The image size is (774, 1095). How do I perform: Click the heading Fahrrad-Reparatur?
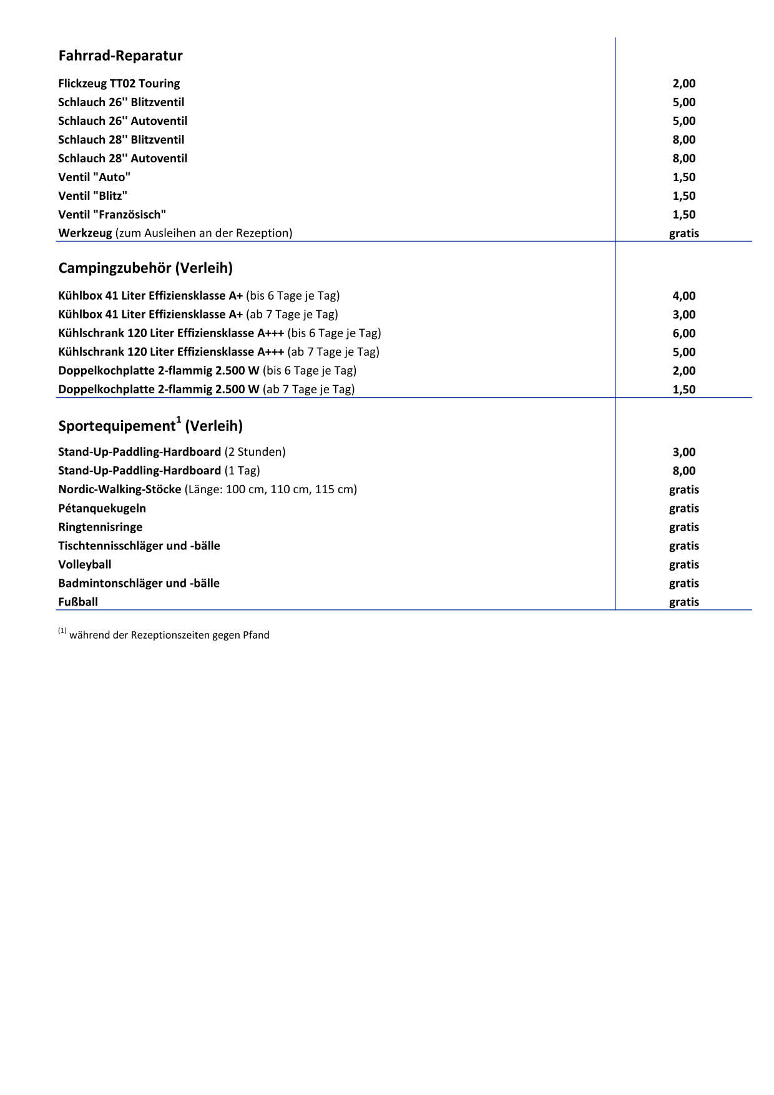pyautogui.click(x=120, y=56)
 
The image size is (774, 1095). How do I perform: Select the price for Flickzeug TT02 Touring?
pyautogui.click(x=683, y=84)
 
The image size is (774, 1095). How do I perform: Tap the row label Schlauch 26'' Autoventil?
pyautogui.click(x=122, y=121)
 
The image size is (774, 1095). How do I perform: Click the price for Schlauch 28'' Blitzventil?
pyautogui.click(x=683, y=140)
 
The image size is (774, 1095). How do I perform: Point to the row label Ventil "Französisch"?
pyautogui.click(x=112, y=215)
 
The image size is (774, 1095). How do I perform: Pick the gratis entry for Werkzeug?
pyautogui.click(x=683, y=233)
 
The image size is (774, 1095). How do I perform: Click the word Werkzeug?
pyautogui.click(x=85, y=233)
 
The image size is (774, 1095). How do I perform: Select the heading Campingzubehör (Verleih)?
pyautogui.click(x=145, y=268)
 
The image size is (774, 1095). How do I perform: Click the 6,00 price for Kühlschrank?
pyautogui.click(x=683, y=333)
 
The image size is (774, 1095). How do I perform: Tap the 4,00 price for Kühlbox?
pyautogui.click(x=683, y=296)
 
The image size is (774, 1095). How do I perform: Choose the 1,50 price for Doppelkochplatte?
pyautogui.click(x=683, y=390)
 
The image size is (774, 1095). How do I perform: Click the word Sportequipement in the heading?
pyautogui.click(x=117, y=426)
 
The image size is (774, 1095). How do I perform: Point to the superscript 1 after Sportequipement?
pyautogui.click(x=179, y=420)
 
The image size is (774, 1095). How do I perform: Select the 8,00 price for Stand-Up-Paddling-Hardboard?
pyautogui.click(x=683, y=471)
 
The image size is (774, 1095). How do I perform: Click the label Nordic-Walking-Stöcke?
pyautogui.click(x=120, y=489)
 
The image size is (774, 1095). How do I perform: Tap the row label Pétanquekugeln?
pyautogui.click(x=102, y=508)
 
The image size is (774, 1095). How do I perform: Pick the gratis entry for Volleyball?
pyautogui.click(x=683, y=564)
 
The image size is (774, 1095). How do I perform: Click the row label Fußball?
pyautogui.click(x=78, y=602)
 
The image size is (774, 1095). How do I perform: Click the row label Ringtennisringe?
pyautogui.click(x=100, y=527)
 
